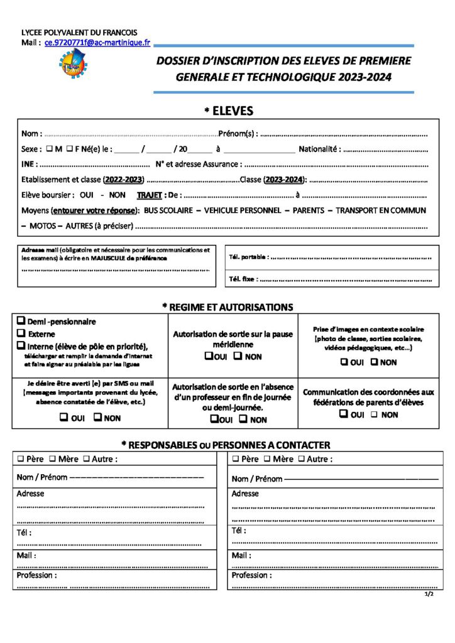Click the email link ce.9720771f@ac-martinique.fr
[x=97, y=42]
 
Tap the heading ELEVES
[x=229, y=111]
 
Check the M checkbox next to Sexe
[x=50, y=149]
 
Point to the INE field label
[x=28, y=165]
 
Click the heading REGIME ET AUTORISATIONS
[x=227, y=307]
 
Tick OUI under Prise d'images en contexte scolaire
[x=344, y=362]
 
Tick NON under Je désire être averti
[x=98, y=417]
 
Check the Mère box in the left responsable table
[x=53, y=459]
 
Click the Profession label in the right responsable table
[x=251, y=575]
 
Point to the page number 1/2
[x=429, y=594]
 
